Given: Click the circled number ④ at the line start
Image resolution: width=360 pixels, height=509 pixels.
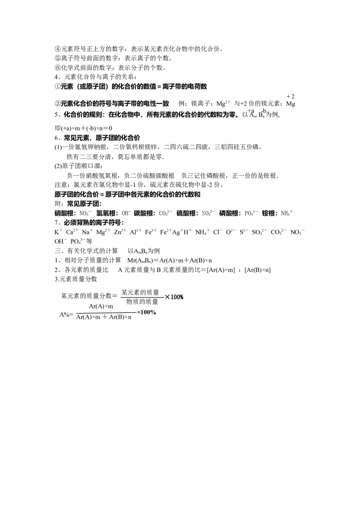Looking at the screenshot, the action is pyautogui.click(x=58, y=49).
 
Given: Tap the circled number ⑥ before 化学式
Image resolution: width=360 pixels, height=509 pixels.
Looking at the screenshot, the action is pyautogui.click(x=58, y=68).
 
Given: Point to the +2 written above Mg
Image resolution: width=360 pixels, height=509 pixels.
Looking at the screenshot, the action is pyautogui.click(x=290, y=96).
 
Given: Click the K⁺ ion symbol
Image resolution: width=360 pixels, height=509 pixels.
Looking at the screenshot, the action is pyautogui.click(x=58, y=232).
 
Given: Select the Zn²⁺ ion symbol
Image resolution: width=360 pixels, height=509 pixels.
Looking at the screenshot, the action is pyautogui.click(x=120, y=232).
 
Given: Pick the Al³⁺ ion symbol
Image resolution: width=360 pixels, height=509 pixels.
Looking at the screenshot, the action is pyautogui.click(x=135, y=232).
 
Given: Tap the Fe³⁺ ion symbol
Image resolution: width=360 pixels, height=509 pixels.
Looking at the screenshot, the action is pyautogui.click(x=151, y=232).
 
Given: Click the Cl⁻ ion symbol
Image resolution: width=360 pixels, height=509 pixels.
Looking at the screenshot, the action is pyautogui.click(x=218, y=232).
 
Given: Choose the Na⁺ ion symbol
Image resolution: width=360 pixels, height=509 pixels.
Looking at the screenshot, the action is pyautogui.click(x=87, y=232).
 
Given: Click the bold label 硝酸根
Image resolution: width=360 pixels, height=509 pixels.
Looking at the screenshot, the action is pyautogui.click(x=64, y=213).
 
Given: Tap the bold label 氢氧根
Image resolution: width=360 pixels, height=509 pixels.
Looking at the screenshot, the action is pyautogui.click(x=106, y=213).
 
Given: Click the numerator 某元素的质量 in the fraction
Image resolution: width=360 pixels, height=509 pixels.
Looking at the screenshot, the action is pyautogui.click(x=140, y=292).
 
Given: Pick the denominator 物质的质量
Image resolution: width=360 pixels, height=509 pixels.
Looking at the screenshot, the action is pyautogui.click(x=142, y=302).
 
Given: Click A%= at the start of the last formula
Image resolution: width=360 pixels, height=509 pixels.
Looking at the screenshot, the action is pyautogui.click(x=66, y=315).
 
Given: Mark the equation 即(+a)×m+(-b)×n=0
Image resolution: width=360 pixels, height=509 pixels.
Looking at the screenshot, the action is pyautogui.click(x=83, y=128).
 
